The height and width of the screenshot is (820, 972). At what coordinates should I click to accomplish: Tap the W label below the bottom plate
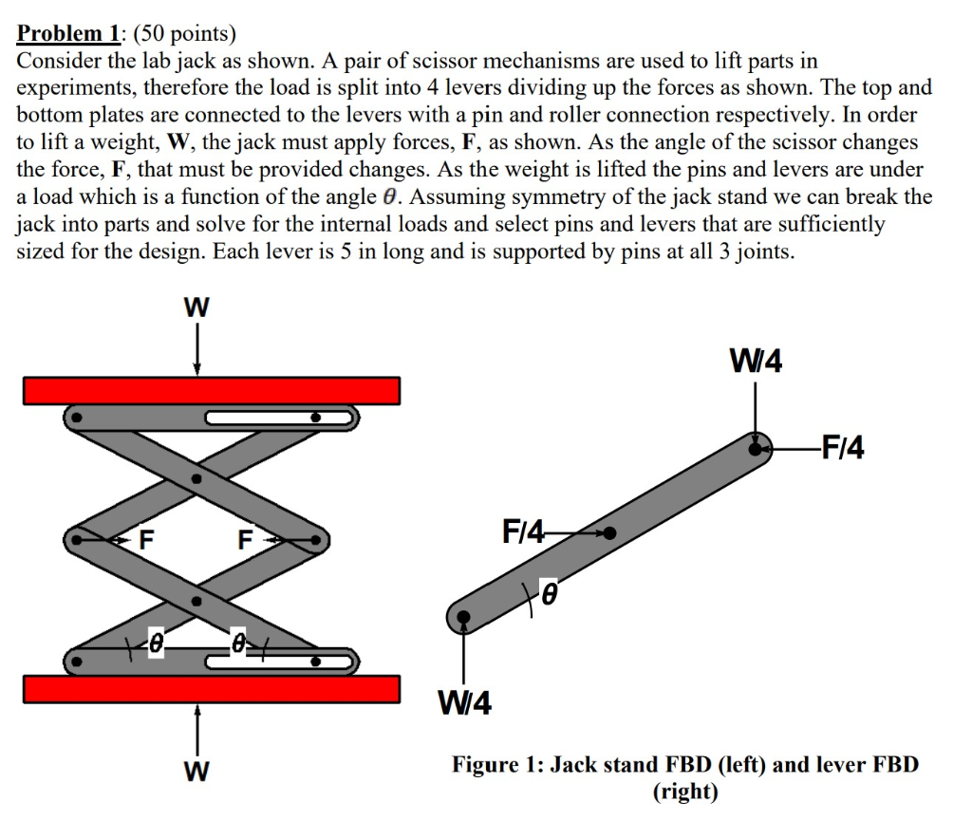point(196,770)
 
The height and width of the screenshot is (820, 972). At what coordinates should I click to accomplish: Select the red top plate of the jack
point(212,390)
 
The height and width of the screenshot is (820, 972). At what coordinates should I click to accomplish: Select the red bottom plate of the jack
point(212,689)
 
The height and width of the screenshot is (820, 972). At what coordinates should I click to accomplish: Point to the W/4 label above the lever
point(756,362)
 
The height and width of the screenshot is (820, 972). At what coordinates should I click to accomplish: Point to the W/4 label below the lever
point(464,704)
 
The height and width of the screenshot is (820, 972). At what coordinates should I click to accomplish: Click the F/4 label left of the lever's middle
point(523,532)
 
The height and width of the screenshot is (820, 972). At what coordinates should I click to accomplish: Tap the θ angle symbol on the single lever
point(547,595)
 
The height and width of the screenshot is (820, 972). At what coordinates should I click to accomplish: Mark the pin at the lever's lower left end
point(463,617)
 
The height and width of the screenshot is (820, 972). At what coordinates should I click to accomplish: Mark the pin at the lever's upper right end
point(756,446)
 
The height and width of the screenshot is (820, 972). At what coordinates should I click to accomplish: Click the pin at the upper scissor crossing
point(196,480)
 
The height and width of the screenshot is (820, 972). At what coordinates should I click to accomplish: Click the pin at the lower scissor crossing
point(196,601)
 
